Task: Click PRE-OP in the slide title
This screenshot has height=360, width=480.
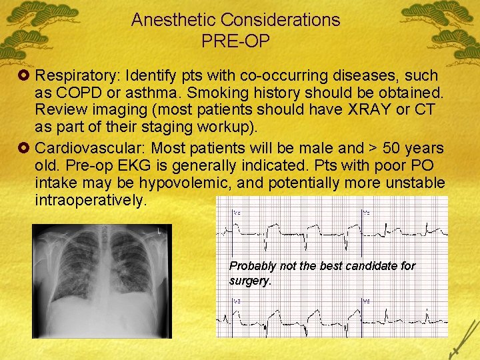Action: click(x=235, y=41)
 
